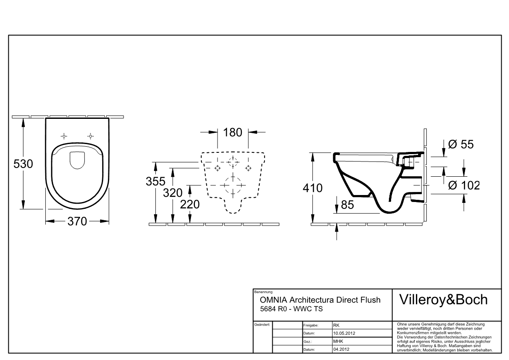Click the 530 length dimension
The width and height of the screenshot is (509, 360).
point(23,164)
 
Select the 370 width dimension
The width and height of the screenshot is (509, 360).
point(77,221)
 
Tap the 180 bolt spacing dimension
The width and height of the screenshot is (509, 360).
point(233,132)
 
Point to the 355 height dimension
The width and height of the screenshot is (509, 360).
point(155,181)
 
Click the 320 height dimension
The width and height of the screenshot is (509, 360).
point(173,193)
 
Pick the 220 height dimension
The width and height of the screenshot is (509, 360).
point(190,204)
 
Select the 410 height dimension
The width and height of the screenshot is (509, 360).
point(313,188)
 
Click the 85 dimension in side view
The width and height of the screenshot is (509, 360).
point(347,205)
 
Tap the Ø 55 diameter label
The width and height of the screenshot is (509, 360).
point(461,144)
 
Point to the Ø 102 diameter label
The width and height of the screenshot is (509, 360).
point(464,185)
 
